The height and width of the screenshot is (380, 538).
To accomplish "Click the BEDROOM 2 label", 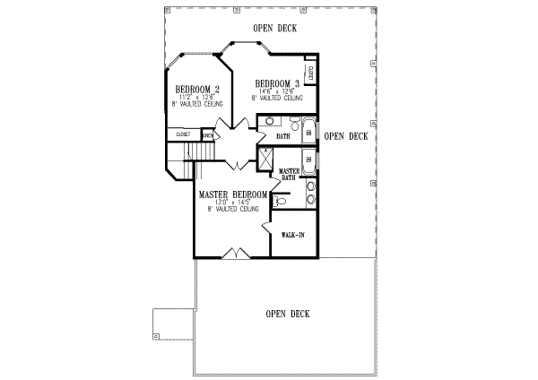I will coord(198,90).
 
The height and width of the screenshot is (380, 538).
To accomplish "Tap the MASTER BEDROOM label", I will coord(233,194).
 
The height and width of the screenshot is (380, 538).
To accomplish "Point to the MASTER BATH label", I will coord(288,174).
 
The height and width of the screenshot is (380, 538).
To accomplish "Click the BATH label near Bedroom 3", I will coord(283,136).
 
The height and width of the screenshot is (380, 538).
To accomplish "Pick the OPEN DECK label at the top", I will coord(275,29).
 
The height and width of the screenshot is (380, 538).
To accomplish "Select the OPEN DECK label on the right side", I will coord(346,136).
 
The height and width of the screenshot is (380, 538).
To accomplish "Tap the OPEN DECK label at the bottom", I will coord(288,314).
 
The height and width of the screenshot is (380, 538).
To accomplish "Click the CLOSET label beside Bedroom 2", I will coord(184,134).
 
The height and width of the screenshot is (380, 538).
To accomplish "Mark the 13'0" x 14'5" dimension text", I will coord(232,203).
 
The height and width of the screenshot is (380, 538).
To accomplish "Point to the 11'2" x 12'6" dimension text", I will coord(198,98).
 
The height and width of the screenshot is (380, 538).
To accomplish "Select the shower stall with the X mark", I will coord(265,158).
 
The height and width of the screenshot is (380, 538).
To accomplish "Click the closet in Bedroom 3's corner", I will coord(311,71).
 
